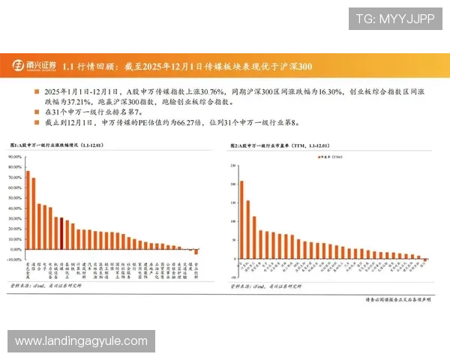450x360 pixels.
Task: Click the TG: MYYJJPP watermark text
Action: coord(395,18)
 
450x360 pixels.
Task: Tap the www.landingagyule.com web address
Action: coord(81,341)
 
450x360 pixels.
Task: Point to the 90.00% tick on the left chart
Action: coord(13,156)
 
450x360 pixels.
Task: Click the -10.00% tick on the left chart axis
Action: coord(13,259)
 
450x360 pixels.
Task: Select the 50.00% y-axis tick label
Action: coord(13,197)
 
